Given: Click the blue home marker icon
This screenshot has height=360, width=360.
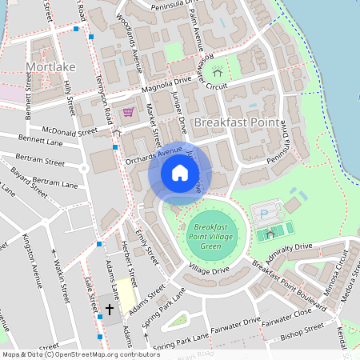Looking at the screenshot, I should (x=179, y=173).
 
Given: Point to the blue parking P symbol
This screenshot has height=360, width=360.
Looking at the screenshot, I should (x=265, y=214).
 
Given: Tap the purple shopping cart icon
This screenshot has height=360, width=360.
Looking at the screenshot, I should (x=128, y=112).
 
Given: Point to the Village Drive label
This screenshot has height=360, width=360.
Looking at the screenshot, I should (x=210, y=271).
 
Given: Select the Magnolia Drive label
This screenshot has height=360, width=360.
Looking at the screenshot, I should (x=167, y=82).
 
